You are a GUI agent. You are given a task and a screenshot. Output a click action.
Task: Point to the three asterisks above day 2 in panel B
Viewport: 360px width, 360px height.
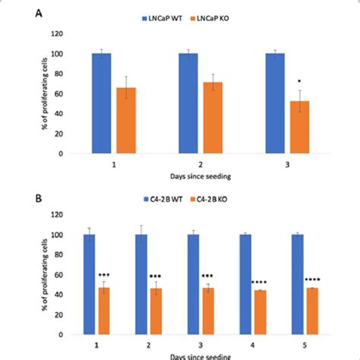tap(156, 276)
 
